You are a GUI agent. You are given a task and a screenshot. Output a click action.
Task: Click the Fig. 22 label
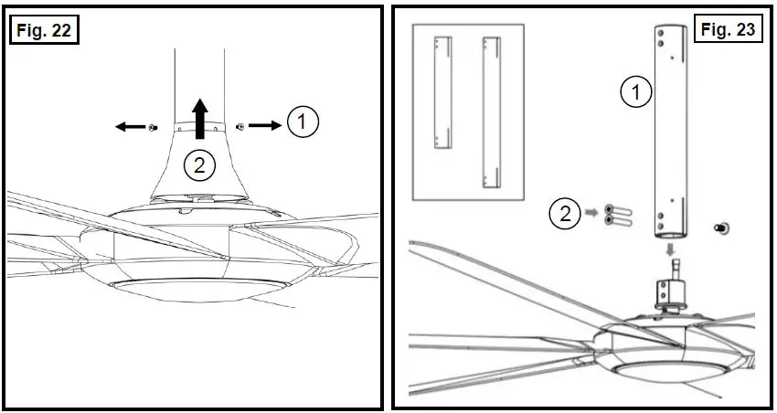point(43,30)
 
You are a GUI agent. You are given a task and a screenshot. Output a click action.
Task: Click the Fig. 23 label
point(728,30)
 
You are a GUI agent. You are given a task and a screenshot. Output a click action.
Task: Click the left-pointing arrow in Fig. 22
point(129,127)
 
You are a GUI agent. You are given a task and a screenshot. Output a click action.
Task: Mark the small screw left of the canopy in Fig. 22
point(154,128)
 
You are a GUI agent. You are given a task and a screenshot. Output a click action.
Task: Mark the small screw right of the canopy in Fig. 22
point(239,127)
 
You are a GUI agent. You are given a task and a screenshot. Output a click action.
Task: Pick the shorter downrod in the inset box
point(443,91)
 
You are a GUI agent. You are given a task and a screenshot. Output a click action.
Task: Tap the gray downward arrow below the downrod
point(672,248)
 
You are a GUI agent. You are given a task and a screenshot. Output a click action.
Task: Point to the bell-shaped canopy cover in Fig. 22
point(198,169)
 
